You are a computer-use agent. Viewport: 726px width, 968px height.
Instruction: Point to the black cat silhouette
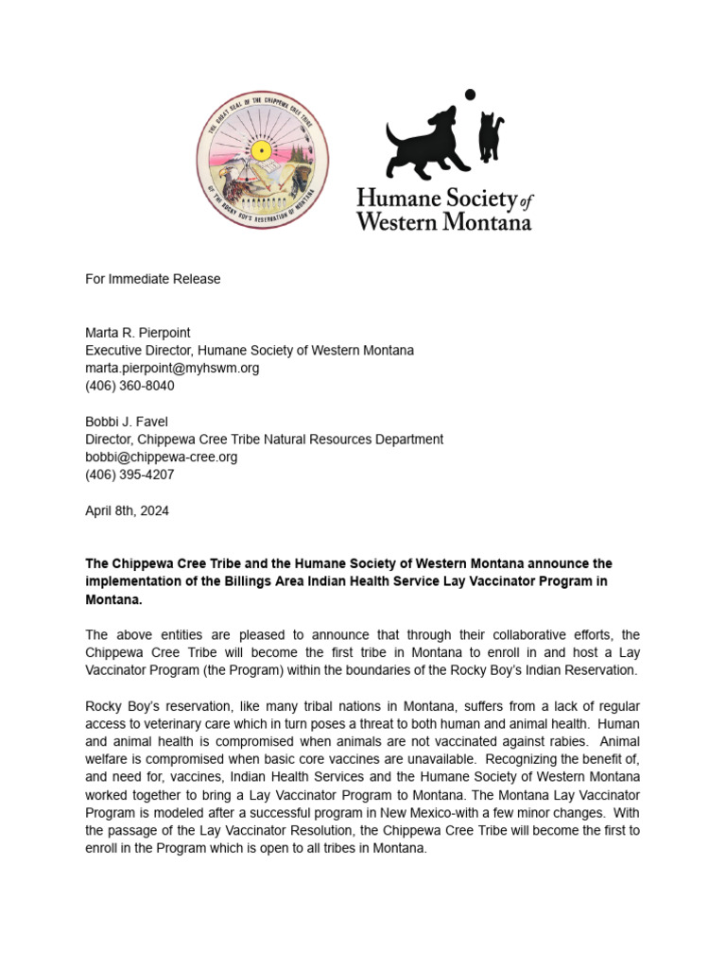tap(490, 135)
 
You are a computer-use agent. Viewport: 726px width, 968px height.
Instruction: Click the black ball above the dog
tap(469, 95)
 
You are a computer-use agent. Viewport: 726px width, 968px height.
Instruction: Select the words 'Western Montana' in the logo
tap(443, 221)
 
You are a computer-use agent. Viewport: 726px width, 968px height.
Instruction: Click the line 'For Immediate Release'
tap(152, 279)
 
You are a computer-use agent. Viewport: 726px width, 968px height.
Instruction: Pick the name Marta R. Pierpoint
tap(138, 333)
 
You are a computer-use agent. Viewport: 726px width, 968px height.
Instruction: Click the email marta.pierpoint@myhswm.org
tap(172, 368)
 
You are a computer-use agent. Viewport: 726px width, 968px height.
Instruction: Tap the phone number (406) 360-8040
tap(130, 386)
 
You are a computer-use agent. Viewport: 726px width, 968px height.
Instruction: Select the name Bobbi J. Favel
tap(128, 422)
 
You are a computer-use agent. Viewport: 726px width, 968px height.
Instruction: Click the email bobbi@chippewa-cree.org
tap(162, 457)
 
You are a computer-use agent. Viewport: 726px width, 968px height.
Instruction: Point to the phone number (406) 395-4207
tap(130, 475)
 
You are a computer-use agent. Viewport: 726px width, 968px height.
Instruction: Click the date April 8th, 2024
tap(127, 510)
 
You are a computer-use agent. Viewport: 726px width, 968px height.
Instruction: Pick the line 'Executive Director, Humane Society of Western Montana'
tap(250, 350)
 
